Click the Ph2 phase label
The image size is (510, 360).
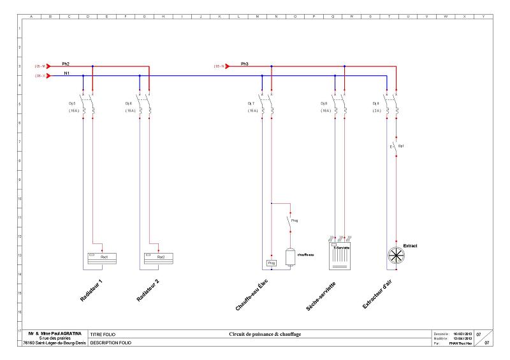66,64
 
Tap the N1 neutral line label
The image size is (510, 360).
66,74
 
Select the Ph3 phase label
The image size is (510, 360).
245,64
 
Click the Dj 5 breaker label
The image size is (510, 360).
72,103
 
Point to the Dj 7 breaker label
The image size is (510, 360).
251,103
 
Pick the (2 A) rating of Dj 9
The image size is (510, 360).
376,110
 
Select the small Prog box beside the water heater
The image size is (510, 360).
271,263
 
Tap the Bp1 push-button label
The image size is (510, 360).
401,146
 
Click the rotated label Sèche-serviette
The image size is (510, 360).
321,294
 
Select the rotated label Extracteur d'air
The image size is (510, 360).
379,294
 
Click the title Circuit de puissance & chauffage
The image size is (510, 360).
265,334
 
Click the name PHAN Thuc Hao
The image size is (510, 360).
458,343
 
